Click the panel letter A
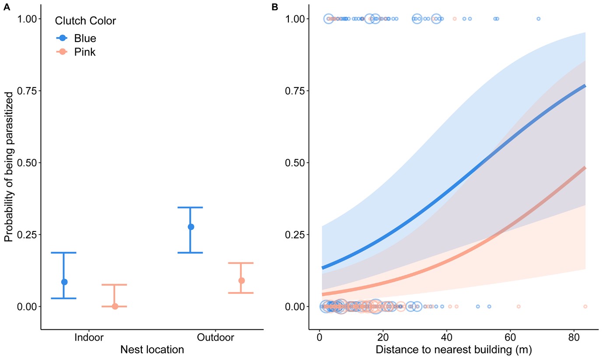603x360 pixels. click(x=7, y=7)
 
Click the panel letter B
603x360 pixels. click(x=275, y=7)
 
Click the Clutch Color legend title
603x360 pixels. click(x=85, y=21)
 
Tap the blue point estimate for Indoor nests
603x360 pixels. click(x=64, y=282)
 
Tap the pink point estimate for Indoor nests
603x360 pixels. click(x=115, y=306)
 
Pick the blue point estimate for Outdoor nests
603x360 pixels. click(x=191, y=227)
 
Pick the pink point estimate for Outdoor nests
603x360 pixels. click(x=241, y=280)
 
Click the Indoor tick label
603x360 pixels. click(x=89, y=338)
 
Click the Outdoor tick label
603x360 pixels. click(x=215, y=338)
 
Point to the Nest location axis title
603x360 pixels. click(x=152, y=350)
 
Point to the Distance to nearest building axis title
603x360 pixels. click(x=453, y=350)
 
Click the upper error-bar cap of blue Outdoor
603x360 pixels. click(x=190, y=207)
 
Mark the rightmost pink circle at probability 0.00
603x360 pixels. click(x=585, y=306)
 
